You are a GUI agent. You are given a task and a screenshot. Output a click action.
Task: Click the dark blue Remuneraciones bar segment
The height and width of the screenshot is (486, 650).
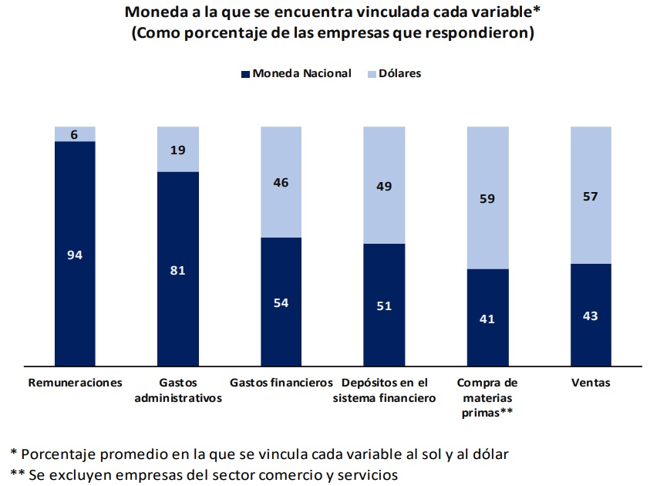[75, 253]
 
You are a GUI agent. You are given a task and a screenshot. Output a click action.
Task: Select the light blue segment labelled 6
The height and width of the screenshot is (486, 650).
[75, 134]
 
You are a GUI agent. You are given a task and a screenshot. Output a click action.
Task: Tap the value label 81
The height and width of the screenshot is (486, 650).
[178, 270]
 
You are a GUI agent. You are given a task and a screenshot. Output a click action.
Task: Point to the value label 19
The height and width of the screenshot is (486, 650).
[178, 150]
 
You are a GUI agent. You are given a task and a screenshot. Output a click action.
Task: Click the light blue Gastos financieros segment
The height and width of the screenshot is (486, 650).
[281, 182]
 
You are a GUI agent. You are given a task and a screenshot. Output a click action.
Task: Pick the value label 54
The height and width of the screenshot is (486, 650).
[281, 302]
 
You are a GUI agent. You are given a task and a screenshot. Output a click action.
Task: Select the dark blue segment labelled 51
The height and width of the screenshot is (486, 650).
[384, 305]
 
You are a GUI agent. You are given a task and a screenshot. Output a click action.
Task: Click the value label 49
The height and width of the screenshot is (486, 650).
[384, 186]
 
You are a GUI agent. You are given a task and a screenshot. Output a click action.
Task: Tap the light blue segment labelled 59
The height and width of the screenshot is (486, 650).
[488, 197]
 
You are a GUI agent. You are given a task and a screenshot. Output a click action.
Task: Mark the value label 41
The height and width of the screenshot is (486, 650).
[487, 319]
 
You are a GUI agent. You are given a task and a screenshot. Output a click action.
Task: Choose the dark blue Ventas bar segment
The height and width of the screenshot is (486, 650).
[591, 315]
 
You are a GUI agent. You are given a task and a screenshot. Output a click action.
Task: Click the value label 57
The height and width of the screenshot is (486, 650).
[591, 196]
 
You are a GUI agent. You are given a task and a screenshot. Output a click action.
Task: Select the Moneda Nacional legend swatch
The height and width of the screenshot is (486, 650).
[245, 74]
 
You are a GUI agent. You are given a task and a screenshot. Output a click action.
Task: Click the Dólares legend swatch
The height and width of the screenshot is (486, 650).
[372, 74]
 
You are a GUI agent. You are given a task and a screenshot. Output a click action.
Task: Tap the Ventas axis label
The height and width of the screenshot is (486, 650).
[591, 383]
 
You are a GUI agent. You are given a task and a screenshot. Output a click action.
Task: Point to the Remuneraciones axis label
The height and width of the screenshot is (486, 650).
[75, 383]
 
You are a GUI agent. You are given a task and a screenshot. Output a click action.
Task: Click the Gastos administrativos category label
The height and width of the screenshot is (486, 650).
[178, 390]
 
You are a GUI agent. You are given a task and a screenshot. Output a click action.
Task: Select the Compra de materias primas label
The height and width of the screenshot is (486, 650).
[487, 397]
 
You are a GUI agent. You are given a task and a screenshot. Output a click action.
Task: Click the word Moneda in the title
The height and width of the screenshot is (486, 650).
[157, 12]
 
